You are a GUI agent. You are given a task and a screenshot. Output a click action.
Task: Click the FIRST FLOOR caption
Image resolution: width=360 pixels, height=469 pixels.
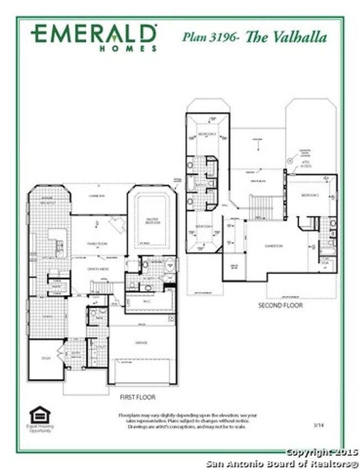point(137,397)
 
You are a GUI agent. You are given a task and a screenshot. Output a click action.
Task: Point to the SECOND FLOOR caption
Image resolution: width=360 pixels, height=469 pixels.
point(281,305)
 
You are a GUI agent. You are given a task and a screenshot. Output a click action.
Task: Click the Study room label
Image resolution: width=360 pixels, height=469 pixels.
point(46,358)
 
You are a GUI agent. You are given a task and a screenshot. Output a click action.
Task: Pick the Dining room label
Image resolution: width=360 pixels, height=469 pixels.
point(47,318)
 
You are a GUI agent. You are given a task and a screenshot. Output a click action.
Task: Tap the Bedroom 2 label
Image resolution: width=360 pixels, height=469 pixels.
point(309,196)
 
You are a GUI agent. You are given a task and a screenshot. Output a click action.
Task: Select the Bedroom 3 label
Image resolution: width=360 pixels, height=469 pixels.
point(207,135)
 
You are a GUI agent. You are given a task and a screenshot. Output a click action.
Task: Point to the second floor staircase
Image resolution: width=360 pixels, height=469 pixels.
point(261,207)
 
